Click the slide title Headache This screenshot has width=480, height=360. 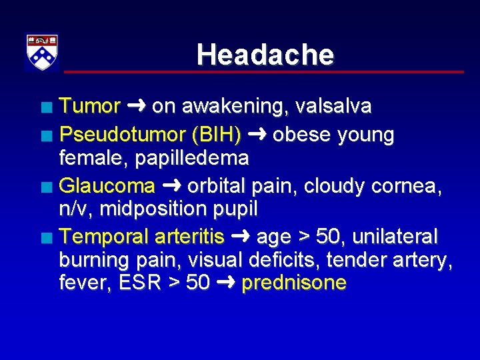pyautogui.click(x=265, y=55)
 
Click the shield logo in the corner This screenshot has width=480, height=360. pyautogui.click(x=42, y=51)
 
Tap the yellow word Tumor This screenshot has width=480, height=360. pyautogui.click(x=90, y=106)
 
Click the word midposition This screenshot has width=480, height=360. pyautogui.click(x=141, y=209)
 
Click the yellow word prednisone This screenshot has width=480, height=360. pyautogui.click(x=294, y=283)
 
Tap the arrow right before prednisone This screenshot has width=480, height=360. pyautogui.click(x=225, y=283)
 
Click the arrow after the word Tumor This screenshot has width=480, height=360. pyautogui.click(x=136, y=106)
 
